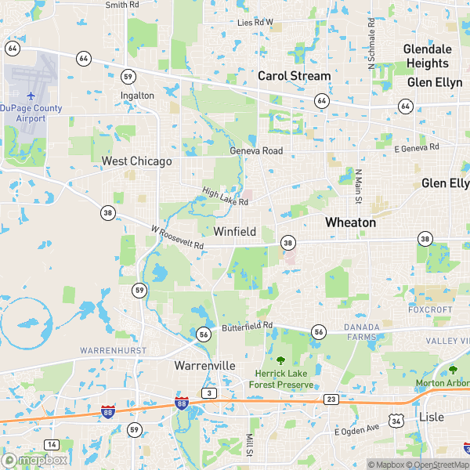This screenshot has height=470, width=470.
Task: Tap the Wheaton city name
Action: pyautogui.click(x=350, y=222)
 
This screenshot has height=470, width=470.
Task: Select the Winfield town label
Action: pyautogui.click(x=235, y=231)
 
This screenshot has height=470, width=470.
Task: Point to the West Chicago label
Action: pyautogui.click(x=136, y=161)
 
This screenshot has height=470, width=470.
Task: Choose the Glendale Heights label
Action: pyautogui.click(x=427, y=56)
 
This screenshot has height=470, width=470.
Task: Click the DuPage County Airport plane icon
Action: pyautogui.click(x=30, y=96)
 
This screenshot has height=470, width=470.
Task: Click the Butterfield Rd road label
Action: pyautogui.click(x=246, y=325)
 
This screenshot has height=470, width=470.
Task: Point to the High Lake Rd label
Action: pyautogui.click(x=225, y=197)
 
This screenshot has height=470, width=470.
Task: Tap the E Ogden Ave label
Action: pyautogui.click(x=356, y=430)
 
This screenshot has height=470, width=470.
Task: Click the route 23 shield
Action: pyautogui.click(x=331, y=399)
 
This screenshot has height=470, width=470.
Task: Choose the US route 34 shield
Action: pyautogui.click(x=397, y=421)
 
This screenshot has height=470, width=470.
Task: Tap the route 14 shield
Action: pyautogui.click(x=51, y=445)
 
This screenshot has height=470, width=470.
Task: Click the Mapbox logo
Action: pyautogui.click(x=34, y=460)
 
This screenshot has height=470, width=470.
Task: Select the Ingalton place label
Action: pyautogui.click(x=137, y=96)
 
